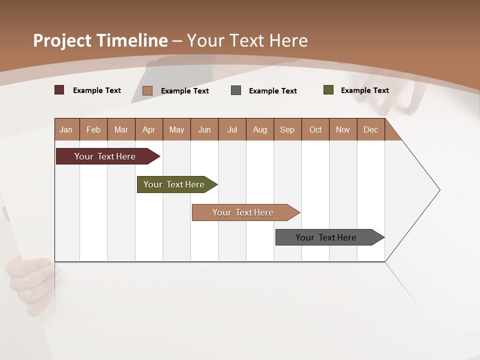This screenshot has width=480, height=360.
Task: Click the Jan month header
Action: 66,129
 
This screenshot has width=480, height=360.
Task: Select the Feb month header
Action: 93,129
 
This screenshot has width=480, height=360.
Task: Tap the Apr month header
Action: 148,129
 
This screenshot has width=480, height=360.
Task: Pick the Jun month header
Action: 204,129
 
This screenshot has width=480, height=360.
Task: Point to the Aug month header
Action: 259,129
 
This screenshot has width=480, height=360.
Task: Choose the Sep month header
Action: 287,129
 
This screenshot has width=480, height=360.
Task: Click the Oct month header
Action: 315,129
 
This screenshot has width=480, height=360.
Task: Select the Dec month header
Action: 370,129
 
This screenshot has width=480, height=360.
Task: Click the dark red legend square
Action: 59,90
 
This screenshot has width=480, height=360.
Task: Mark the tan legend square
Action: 147,90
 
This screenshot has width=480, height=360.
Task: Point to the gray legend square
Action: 236,90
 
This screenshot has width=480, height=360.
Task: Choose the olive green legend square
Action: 328,90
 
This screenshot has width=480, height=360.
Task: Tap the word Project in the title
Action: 62,40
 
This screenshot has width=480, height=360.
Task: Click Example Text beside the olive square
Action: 364,90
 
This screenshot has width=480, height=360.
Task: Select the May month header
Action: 176,129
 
